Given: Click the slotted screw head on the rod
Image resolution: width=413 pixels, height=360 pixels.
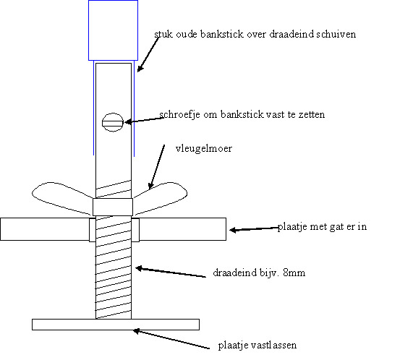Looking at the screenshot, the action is pos(113,122).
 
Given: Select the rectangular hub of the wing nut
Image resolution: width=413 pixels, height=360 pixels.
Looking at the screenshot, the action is pos(113,207).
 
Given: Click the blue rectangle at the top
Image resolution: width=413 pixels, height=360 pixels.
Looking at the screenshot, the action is pos(113,30).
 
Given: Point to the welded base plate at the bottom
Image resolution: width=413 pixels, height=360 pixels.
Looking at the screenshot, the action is pos(116,325).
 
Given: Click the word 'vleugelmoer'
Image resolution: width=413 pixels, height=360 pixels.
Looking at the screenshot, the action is pos(203,149).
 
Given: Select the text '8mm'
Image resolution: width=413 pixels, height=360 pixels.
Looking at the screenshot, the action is pos(294,273).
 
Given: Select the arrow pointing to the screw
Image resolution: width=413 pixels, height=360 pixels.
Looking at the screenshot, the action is pos(145,120).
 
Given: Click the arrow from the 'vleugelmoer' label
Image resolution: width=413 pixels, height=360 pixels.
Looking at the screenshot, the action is pos(157,167).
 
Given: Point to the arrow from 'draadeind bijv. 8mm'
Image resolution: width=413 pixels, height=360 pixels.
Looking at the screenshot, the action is pos(171,272).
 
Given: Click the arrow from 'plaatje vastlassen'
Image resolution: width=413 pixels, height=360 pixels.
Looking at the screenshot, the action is pos(171,339).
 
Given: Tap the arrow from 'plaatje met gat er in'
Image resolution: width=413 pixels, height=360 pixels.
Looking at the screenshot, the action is pos(254,229).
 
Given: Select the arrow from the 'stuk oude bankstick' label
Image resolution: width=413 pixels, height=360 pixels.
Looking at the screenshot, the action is pos(148,54).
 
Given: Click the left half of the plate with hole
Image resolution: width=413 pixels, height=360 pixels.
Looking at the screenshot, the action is pos(45,229).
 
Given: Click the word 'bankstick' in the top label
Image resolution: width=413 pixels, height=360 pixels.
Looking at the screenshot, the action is pos(222,34).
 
